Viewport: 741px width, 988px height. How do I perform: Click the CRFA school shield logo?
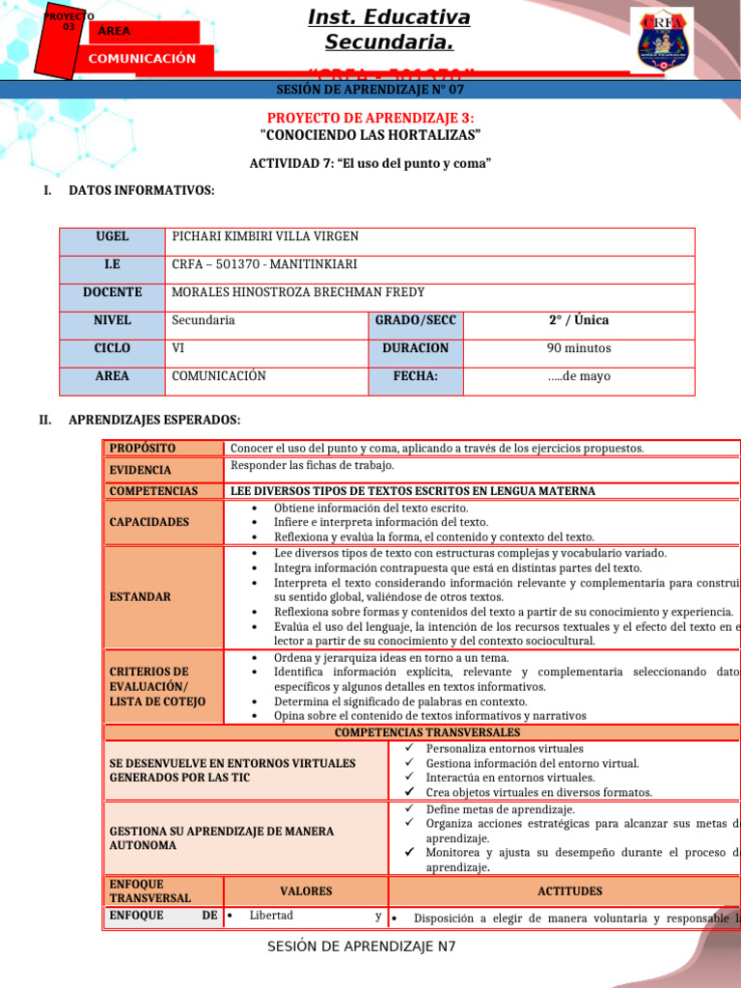(x=661, y=40)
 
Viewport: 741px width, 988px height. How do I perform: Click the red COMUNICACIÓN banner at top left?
(x=142, y=59)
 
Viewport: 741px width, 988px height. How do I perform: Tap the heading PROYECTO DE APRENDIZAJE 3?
(x=370, y=117)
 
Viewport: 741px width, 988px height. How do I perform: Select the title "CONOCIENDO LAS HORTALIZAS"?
(x=370, y=134)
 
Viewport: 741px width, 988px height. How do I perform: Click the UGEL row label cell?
(x=112, y=237)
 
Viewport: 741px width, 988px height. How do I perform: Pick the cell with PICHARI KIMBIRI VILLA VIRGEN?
(x=264, y=237)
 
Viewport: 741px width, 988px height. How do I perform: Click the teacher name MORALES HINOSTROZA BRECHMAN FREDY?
(x=297, y=292)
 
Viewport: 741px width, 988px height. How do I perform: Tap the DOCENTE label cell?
(x=112, y=292)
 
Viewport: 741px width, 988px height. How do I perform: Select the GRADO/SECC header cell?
(x=416, y=320)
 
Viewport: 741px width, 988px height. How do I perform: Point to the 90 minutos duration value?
(x=579, y=348)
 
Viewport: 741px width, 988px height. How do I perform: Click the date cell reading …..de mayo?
(x=579, y=376)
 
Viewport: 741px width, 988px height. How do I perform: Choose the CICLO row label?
(x=112, y=348)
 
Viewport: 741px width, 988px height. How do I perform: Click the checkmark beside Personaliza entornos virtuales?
(x=409, y=749)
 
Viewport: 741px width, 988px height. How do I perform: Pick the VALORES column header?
(x=305, y=892)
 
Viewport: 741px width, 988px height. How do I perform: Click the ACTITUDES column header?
(x=569, y=892)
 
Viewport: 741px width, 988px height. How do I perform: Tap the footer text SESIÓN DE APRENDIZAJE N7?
(x=362, y=947)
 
